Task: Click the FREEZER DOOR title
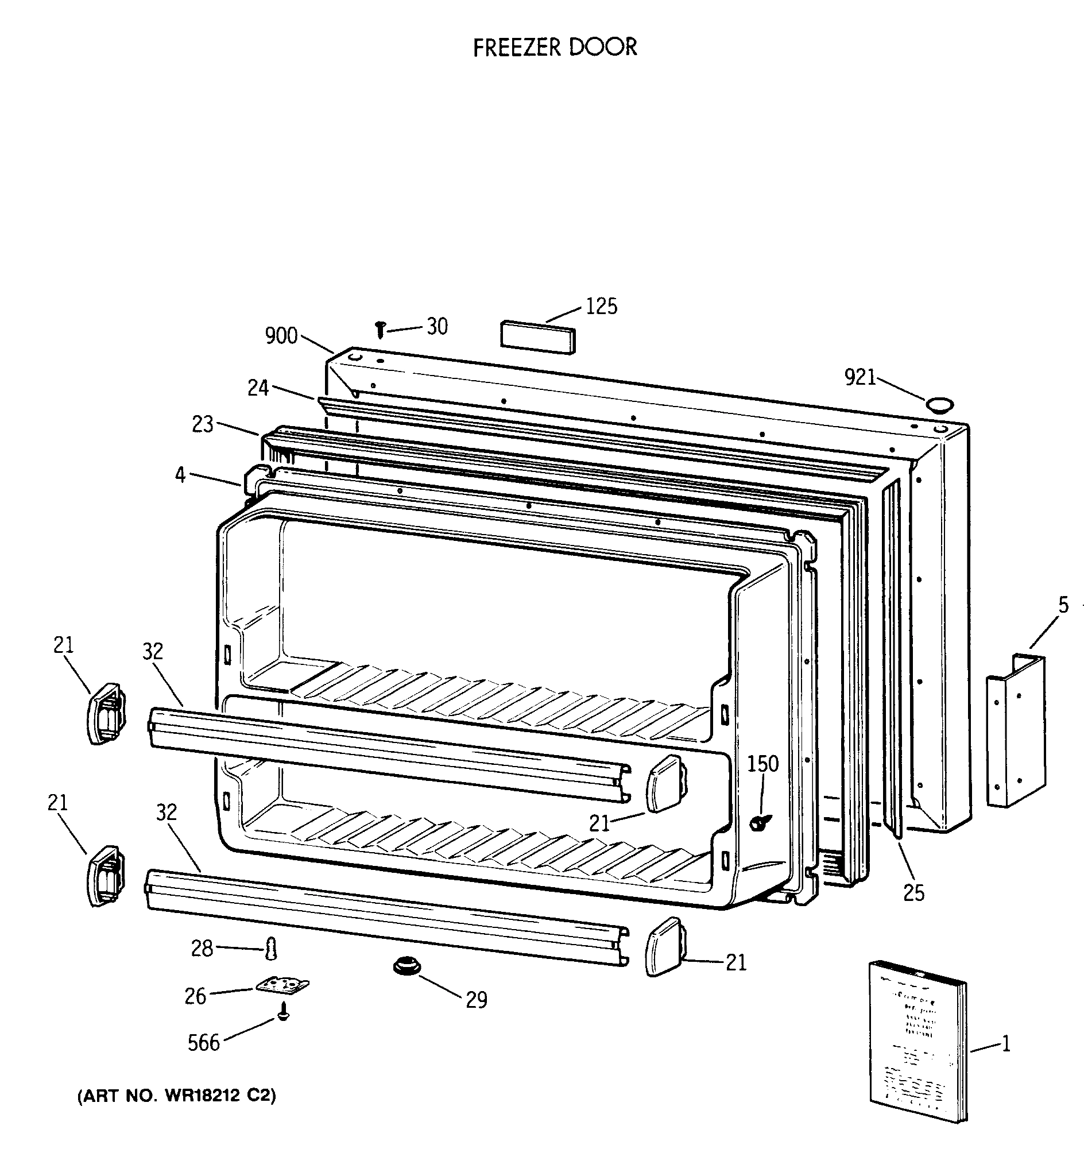(x=554, y=48)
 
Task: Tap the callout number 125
(x=601, y=307)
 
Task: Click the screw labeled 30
(x=381, y=329)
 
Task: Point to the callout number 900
(x=281, y=336)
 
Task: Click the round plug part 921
(x=939, y=405)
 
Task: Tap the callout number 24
(x=258, y=388)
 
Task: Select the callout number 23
(x=202, y=425)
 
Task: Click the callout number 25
(x=913, y=893)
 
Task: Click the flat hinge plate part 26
(x=282, y=987)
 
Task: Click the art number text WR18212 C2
(x=176, y=1095)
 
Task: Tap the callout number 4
(x=180, y=474)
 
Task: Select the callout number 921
(x=860, y=377)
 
